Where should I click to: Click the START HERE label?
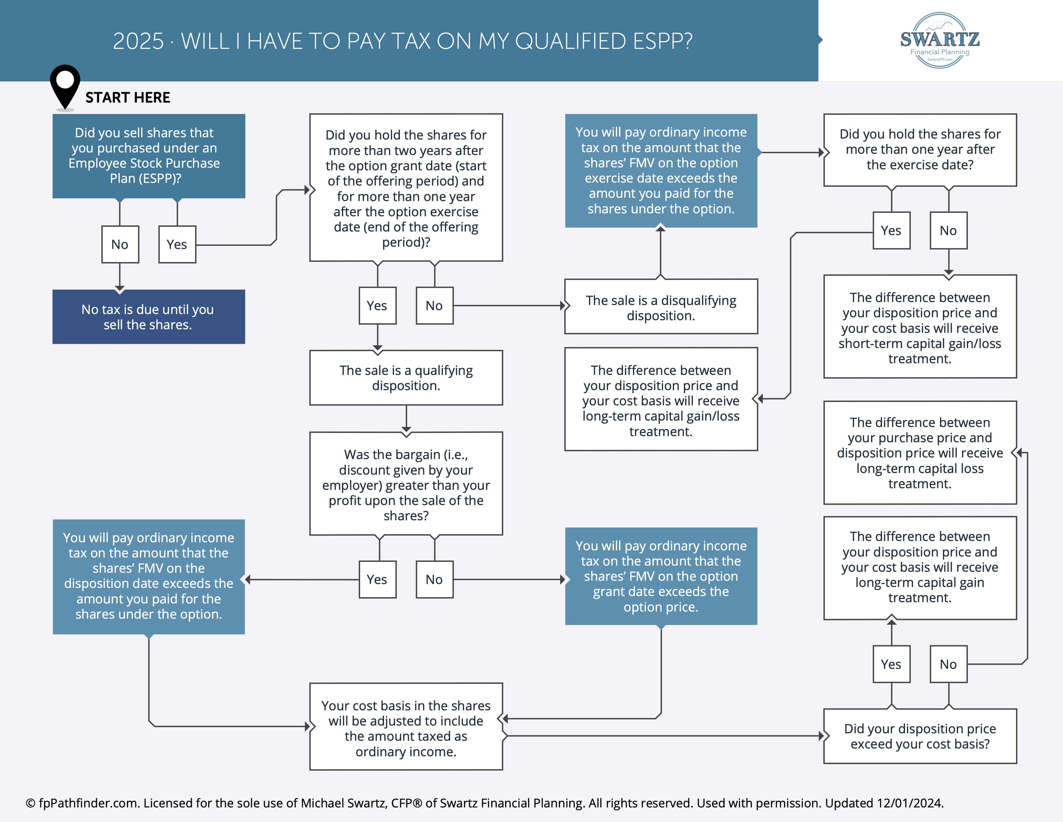pos(128,97)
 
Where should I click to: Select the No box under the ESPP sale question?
pos(120,244)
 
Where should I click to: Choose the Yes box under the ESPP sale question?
pos(177,244)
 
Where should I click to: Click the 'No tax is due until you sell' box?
pos(148,317)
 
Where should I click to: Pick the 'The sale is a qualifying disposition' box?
pos(406,378)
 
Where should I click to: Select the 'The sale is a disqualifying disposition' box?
pos(661,307)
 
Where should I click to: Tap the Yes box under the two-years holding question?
pos(377,306)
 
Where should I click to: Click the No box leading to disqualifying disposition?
pos(434,306)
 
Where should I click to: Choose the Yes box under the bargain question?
pos(377,579)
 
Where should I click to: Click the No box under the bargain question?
pos(434,579)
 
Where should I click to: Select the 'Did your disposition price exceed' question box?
pos(920,736)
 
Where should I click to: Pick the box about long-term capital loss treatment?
pos(920,453)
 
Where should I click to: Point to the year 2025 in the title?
pos(138,41)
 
